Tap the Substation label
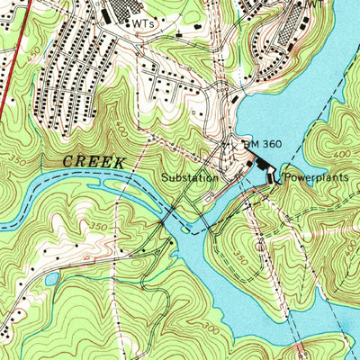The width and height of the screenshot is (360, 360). click(190, 178)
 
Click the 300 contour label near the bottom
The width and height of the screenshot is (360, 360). click(211, 328)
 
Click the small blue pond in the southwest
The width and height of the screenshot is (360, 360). click(51, 279)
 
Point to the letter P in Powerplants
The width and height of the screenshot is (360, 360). click(288, 178)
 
